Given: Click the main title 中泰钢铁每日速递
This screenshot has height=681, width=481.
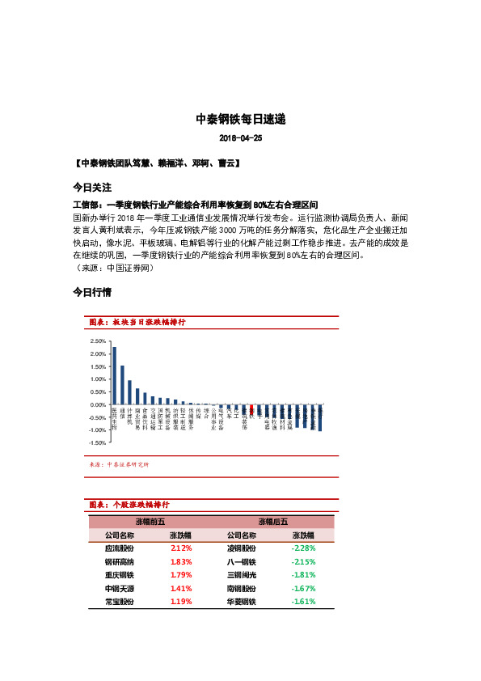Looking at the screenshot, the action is pyautogui.click(x=240, y=119).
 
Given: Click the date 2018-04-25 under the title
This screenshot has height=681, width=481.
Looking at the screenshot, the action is pyautogui.click(x=240, y=138).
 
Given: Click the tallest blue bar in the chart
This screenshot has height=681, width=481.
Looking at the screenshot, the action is pyautogui.click(x=114, y=375).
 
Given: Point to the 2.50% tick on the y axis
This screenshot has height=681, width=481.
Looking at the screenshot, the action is pyautogui.click(x=98, y=341).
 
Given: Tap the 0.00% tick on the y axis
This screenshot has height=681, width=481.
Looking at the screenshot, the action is pyautogui.click(x=98, y=404).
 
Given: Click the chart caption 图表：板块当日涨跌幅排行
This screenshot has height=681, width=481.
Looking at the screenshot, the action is pyautogui.click(x=137, y=322).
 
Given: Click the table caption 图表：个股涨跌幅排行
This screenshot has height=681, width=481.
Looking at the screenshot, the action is pyautogui.click(x=129, y=505).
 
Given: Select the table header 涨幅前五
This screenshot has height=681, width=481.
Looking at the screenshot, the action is pyautogui.click(x=151, y=522).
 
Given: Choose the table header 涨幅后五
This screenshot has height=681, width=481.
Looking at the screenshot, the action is pyautogui.click(x=272, y=522).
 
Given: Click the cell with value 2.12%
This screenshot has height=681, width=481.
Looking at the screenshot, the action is pyautogui.click(x=181, y=548).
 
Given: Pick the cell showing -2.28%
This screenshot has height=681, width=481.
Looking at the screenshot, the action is pyautogui.click(x=303, y=548).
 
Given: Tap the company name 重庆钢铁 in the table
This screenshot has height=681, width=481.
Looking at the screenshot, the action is pyautogui.click(x=120, y=575).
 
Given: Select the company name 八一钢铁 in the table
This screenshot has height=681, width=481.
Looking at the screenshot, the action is pyautogui.click(x=242, y=561).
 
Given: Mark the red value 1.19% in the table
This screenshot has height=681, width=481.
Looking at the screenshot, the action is pyautogui.click(x=181, y=602).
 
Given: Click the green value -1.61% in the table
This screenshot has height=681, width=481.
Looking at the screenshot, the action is pyautogui.click(x=303, y=602).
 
